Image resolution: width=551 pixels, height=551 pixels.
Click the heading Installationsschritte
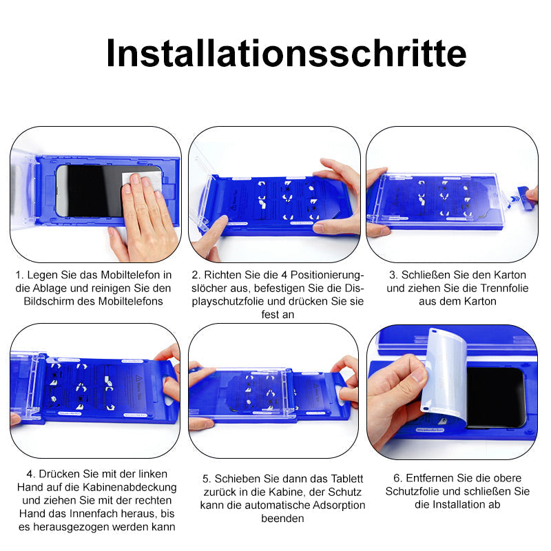coord(287,53)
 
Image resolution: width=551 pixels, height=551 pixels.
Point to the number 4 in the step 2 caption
coord(284,275)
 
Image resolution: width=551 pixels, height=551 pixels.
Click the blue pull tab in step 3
coord(523,194)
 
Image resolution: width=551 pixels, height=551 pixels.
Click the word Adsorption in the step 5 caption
coord(339,506)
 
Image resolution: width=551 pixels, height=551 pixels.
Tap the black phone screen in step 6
coord(495,397)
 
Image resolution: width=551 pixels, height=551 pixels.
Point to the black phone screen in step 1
coord(95,191)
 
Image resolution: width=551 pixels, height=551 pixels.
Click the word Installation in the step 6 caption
coord(457,505)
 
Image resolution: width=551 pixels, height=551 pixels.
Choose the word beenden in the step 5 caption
coord(282,519)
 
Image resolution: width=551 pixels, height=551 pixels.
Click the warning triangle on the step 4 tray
coord(138,378)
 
